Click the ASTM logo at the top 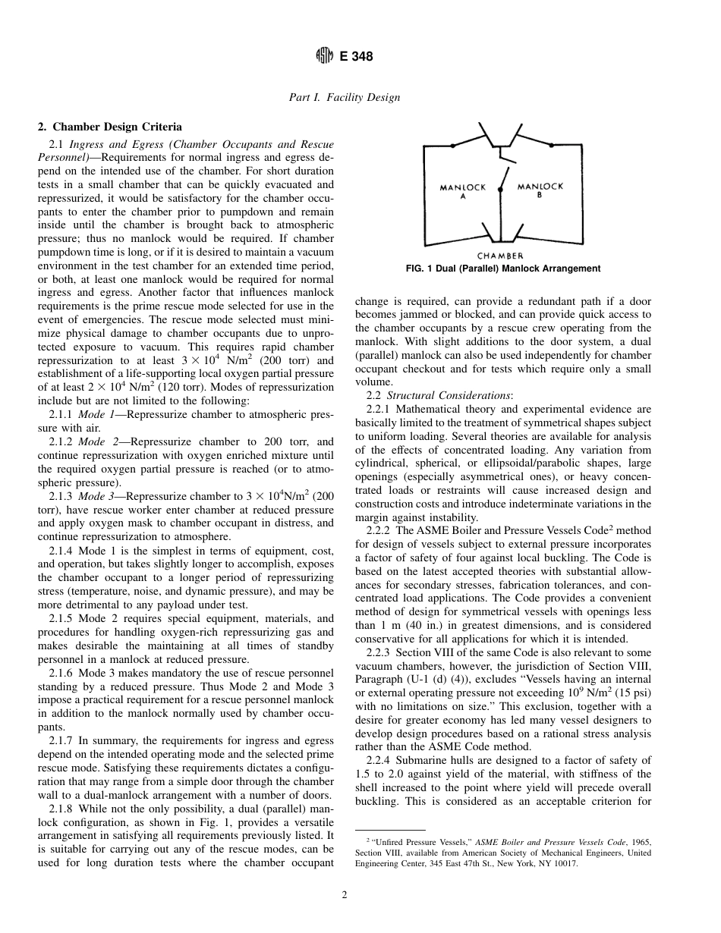324,56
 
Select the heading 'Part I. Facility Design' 345,97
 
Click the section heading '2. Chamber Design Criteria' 110,127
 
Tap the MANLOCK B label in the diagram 540,190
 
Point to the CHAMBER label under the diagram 500,256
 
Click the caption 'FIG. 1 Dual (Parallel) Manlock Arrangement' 504,269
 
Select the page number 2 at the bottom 344,895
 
